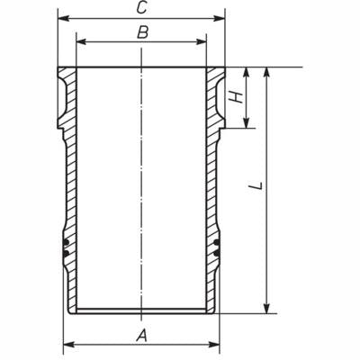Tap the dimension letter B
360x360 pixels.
coord(140,34)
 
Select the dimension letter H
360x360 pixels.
coord(237,97)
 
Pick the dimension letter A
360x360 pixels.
coord(140,336)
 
